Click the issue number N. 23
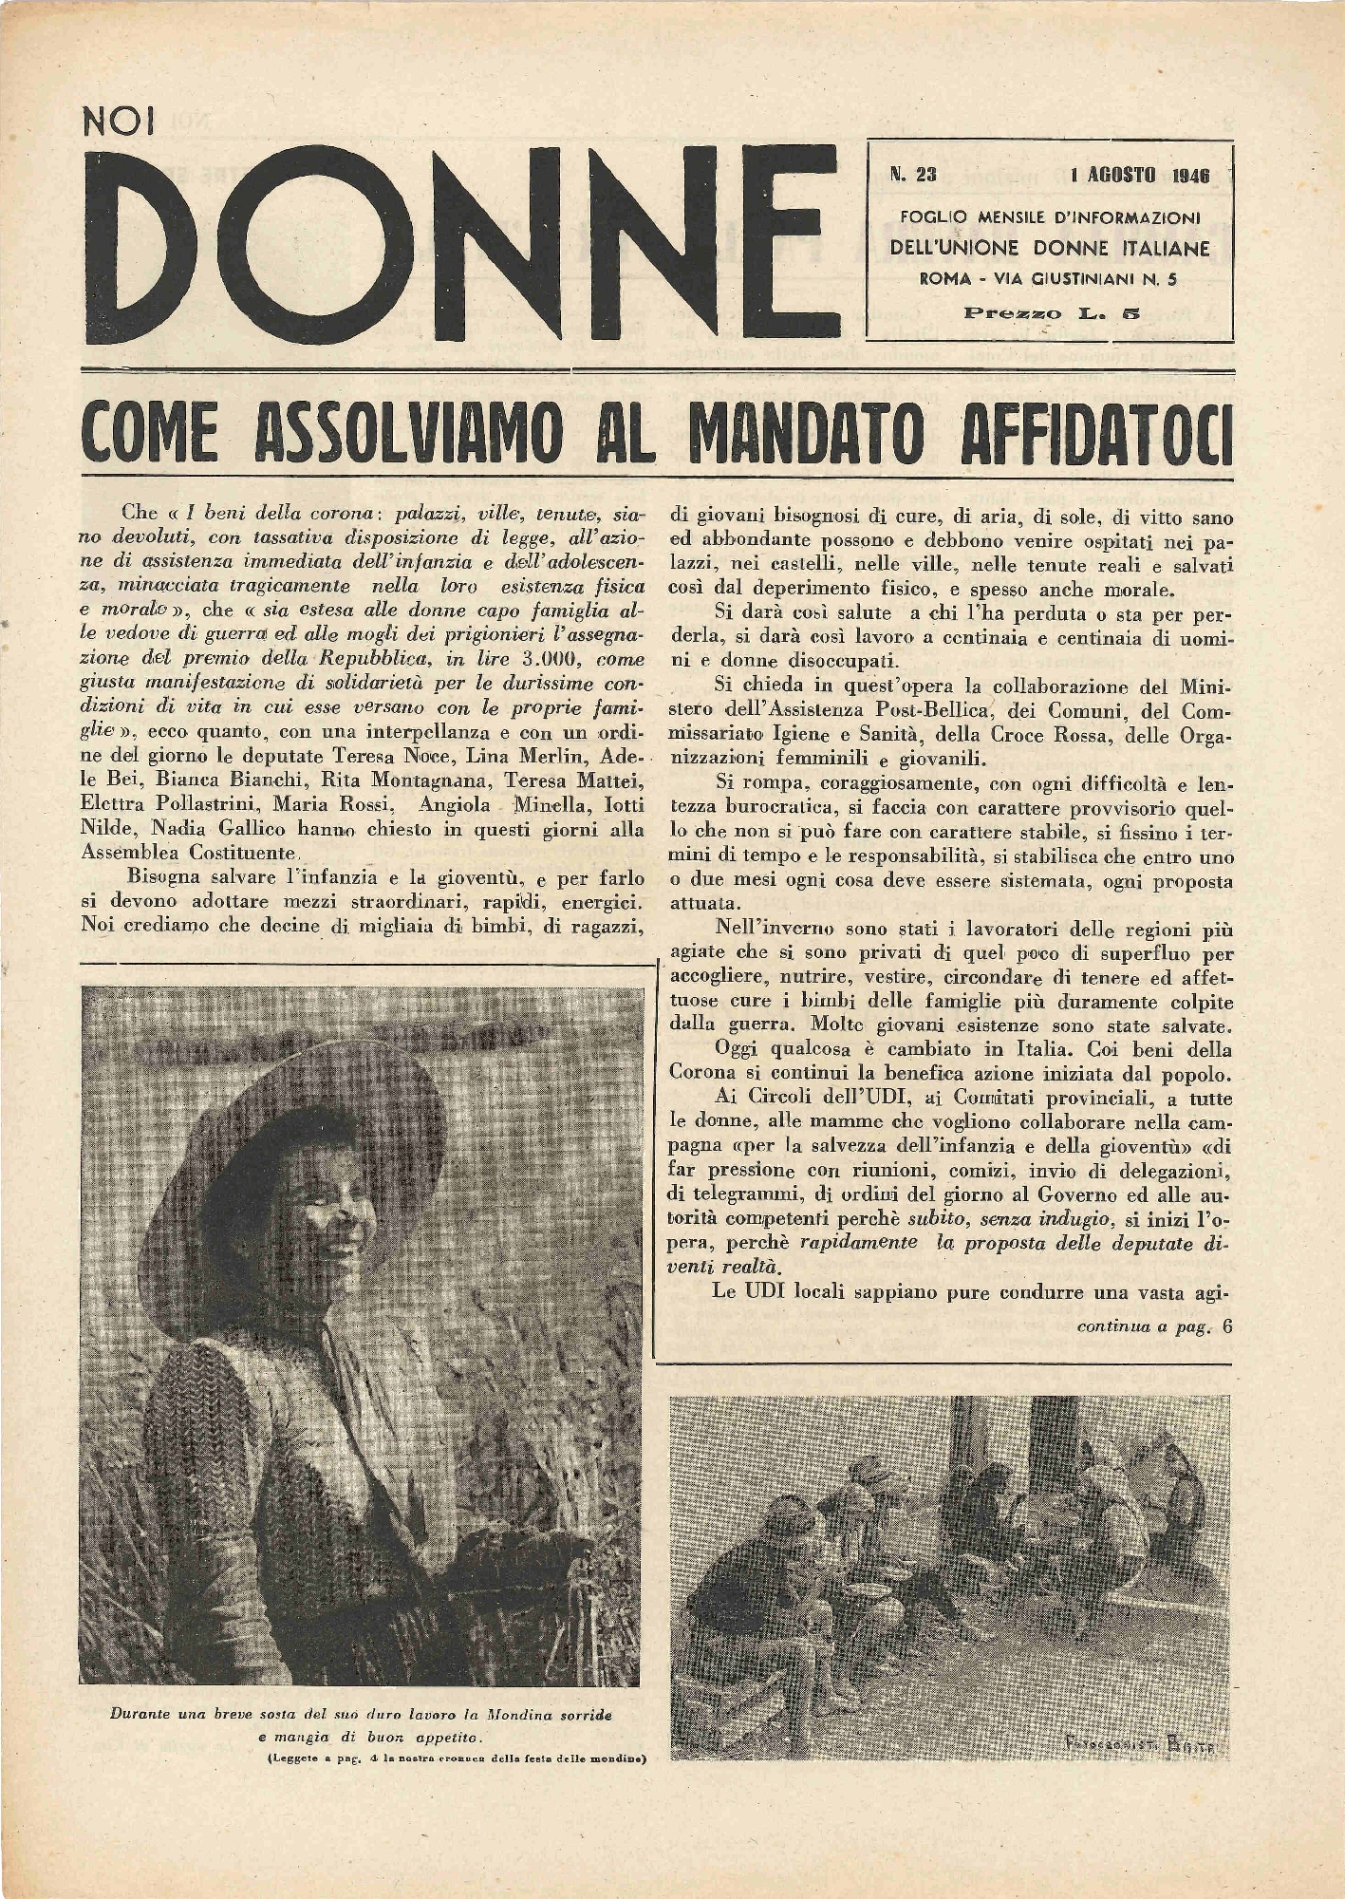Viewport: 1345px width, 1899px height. [x=913, y=175]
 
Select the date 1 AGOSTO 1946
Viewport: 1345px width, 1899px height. [x=1139, y=176]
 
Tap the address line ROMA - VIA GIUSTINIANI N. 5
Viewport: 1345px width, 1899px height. [x=1049, y=279]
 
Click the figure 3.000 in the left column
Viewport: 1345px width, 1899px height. [x=491, y=660]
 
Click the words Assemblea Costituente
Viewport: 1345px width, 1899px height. [x=185, y=853]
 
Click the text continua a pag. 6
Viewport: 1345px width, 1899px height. [x=1153, y=1326]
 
